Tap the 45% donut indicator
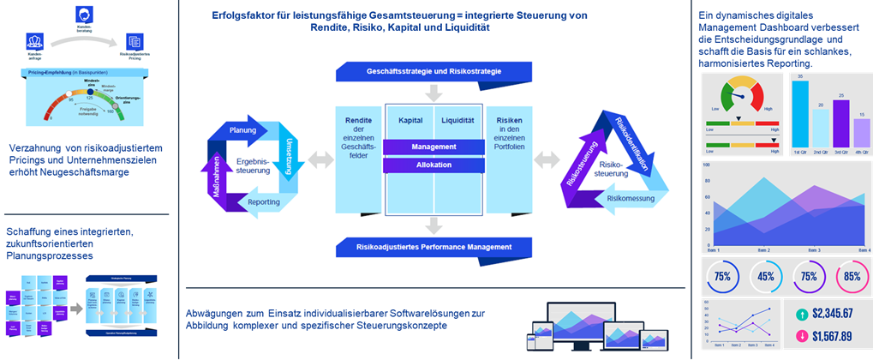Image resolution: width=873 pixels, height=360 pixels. [767, 277]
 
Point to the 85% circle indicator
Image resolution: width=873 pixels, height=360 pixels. [852, 277]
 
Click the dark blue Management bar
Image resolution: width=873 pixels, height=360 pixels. [434, 147]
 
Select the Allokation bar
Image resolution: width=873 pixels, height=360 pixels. [434, 164]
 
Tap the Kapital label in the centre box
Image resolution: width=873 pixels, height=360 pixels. [410, 120]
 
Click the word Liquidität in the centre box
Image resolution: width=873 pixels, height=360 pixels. [459, 120]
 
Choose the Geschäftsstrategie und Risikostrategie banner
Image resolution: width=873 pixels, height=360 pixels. [434, 70]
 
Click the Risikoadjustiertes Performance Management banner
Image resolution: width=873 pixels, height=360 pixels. [434, 247]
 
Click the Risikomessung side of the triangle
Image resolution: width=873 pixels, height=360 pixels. [625, 199]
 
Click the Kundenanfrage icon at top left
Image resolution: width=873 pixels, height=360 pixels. [35, 42]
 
